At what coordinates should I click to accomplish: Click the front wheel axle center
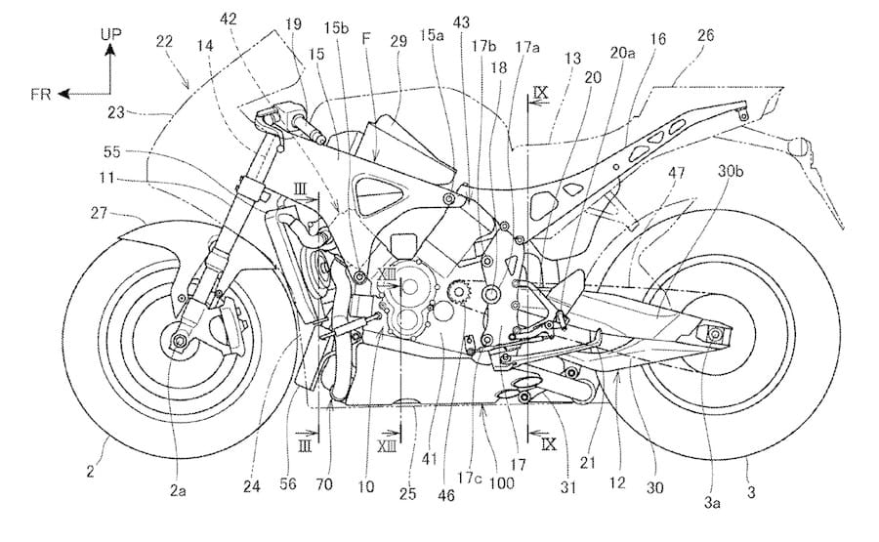click(x=178, y=341)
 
